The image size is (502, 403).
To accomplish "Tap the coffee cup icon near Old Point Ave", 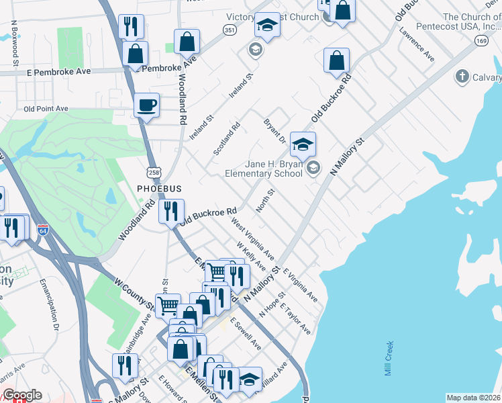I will pyautogui.click(x=146, y=105).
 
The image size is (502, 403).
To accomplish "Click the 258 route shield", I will pyautogui.click(x=154, y=173).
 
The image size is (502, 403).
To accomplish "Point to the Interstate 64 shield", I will pyautogui.click(x=43, y=231).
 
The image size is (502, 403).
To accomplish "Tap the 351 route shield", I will pyautogui.click(x=230, y=30).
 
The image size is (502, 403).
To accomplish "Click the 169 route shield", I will pyautogui.click(x=481, y=41).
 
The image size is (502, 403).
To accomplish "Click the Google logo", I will pyautogui.click(x=22, y=395).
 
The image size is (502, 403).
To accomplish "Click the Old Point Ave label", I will pyautogui.click(x=46, y=108).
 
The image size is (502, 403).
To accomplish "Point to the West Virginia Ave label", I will pyautogui.click(x=252, y=238).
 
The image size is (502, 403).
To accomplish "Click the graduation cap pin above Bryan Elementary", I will pyautogui.click(x=303, y=144).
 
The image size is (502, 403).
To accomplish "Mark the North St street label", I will pyautogui.click(x=266, y=201).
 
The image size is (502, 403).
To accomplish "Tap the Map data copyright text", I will pyautogui.click(x=472, y=398).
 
